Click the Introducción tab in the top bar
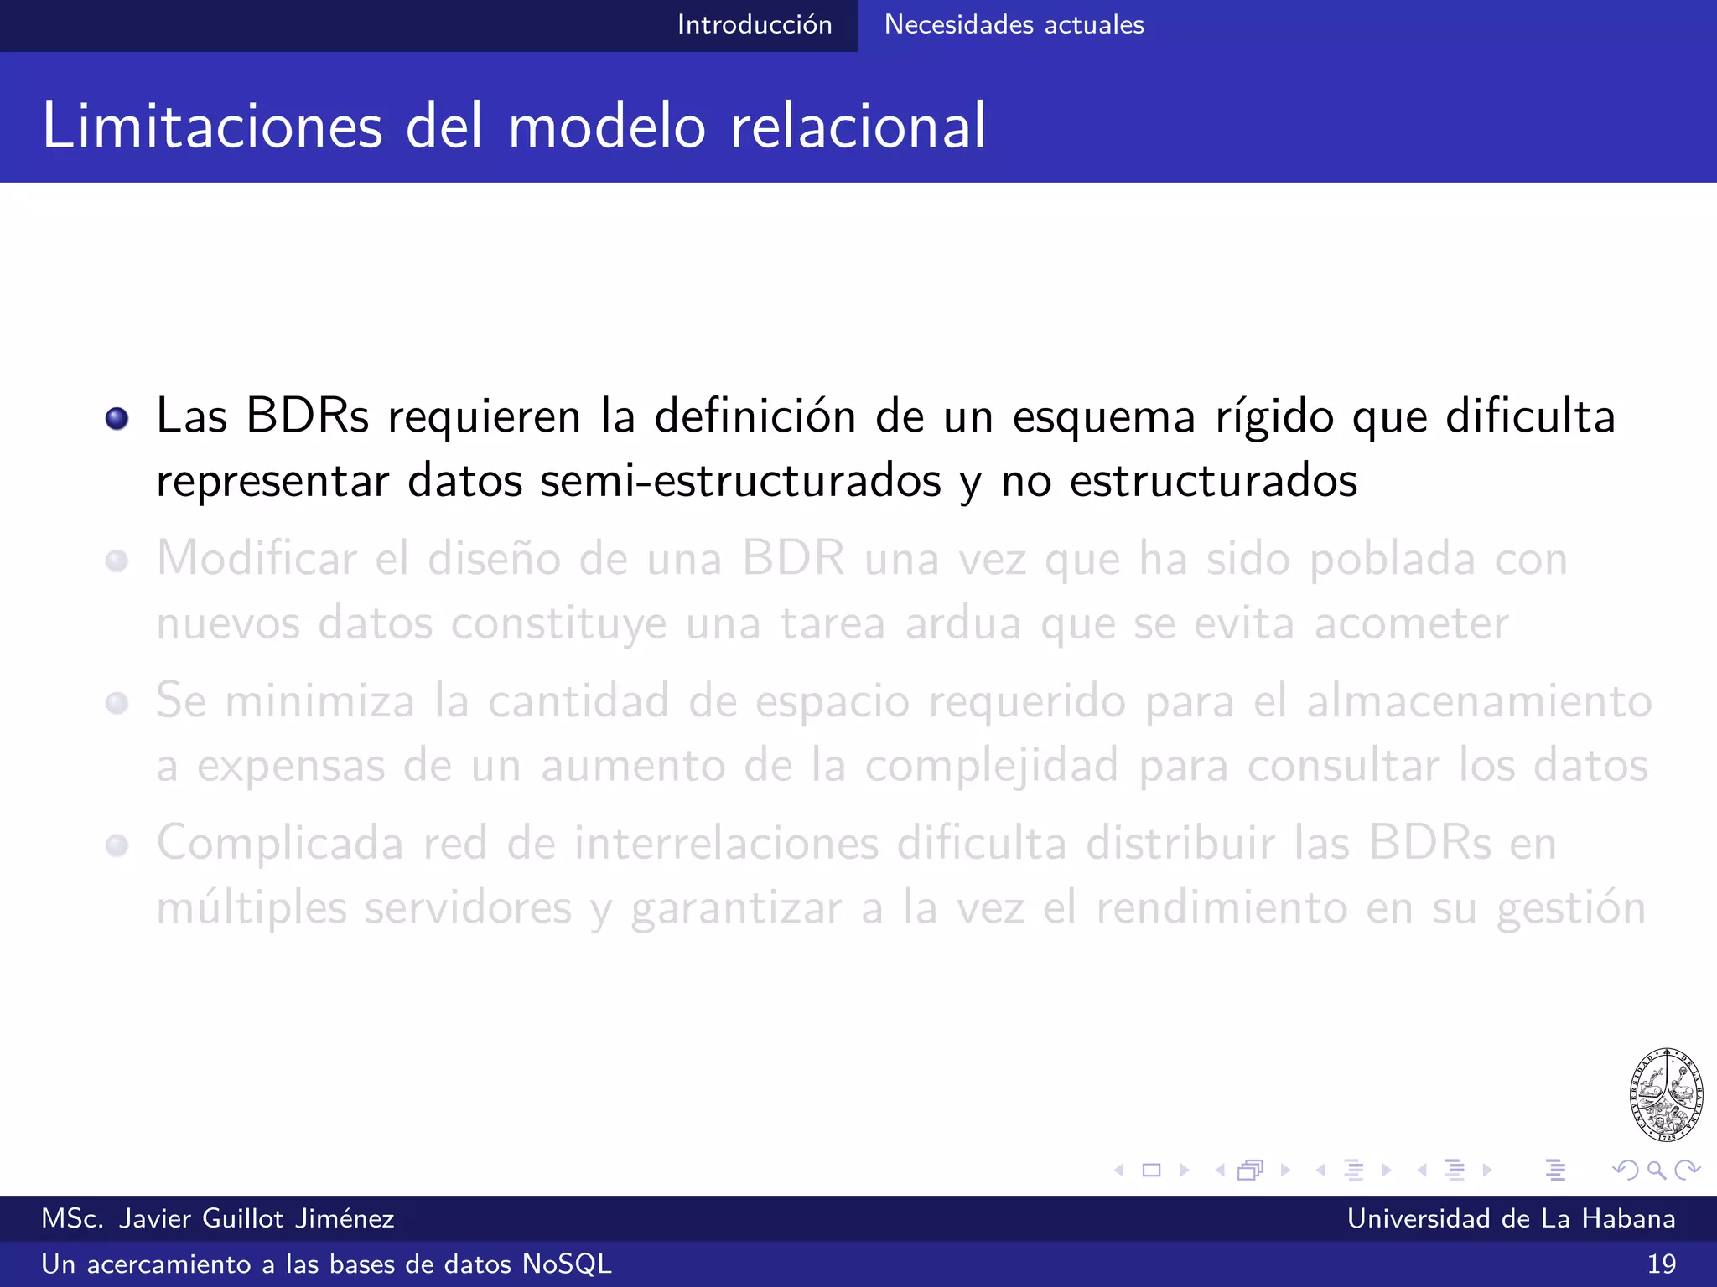point(755,25)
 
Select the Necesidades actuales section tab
point(1014,25)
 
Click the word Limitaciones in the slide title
point(212,126)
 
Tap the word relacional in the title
point(858,126)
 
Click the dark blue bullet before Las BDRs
point(117,418)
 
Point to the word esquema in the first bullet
point(1103,416)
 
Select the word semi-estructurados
point(740,481)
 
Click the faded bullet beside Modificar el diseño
point(117,561)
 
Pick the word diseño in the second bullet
point(494,559)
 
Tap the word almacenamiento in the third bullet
point(1479,701)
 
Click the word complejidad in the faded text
point(991,766)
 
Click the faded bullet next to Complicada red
point(117,845)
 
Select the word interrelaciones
point(726,843)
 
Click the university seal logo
point(1666,1094)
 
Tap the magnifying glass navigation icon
point(1656,1170)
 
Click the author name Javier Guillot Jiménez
point(256,1218)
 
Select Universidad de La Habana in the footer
point(1511,1218)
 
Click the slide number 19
point(1661,1264)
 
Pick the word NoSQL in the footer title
point(567,1264)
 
